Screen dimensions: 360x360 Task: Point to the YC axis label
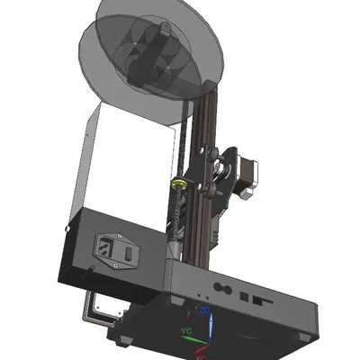click(187, 330)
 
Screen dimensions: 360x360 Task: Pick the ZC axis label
click(206, 310)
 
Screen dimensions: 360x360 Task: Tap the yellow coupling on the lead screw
click(182, 184)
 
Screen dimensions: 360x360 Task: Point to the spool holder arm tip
click(166, 32)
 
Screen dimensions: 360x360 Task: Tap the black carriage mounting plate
click(221, 184)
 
